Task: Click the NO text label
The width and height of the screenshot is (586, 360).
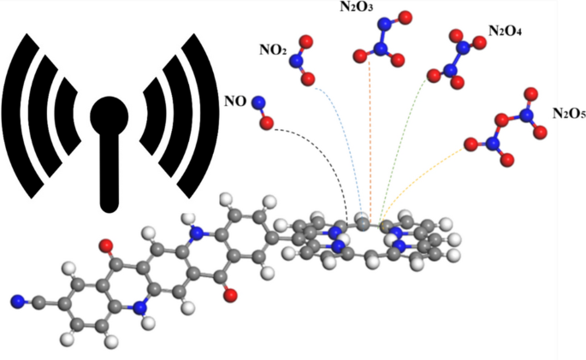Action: (x=234, y=102)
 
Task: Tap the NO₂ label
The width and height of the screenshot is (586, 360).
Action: (x=273, y=50)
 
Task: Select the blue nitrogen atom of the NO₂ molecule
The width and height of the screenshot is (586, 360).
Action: (x=299, y=60)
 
